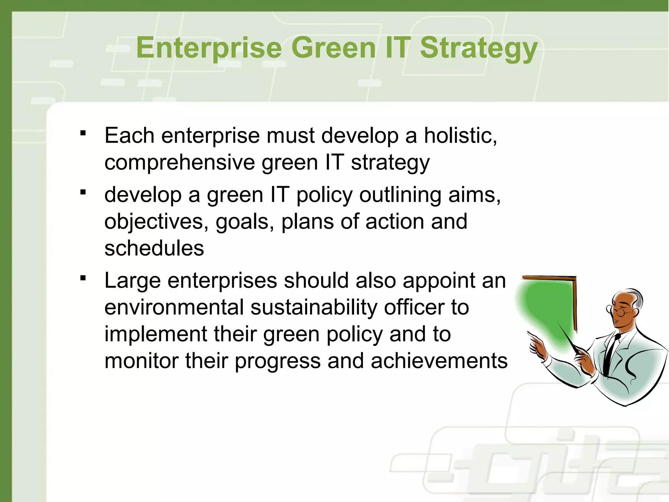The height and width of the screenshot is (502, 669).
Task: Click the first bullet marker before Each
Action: [x=83, y=133]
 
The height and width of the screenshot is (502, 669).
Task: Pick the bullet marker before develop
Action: [x=83, y=192]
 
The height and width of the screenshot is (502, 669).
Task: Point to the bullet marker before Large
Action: [x=83, y=278]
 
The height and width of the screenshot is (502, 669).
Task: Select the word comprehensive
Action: [x=179, y=162]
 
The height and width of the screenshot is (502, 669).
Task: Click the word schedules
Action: [x=154, y=248]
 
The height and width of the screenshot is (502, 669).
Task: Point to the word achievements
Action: [x=439, y=361]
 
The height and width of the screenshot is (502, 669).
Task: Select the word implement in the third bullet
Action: [x=155, y=335]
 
